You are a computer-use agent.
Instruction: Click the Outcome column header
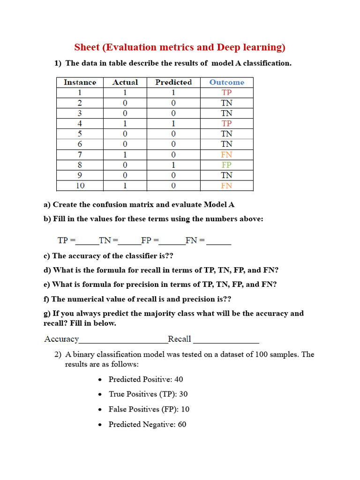(x=227, y=82)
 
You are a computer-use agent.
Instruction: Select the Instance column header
(x=80, y=82)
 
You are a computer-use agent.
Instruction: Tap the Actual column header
(x=125, y=82)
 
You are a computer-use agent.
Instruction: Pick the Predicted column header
(x=173, y=82)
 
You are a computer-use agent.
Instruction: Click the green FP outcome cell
(x=227, y=165)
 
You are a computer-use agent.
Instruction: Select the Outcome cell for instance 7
(x=227, y=155)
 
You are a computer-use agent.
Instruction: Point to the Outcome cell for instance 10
(x=227, y=186)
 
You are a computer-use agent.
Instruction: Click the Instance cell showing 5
(x=80, y=134)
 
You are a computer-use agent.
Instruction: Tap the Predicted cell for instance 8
(x=173, y=165)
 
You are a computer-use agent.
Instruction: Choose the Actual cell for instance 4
(x=125, y=124)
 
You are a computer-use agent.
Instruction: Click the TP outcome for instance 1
(x=227, y=93)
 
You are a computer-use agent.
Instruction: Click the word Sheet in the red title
(x=87, y=47)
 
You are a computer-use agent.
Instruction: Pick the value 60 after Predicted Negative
(x=181, y=424)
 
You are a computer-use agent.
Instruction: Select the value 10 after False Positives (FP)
(x=185, y=409)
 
